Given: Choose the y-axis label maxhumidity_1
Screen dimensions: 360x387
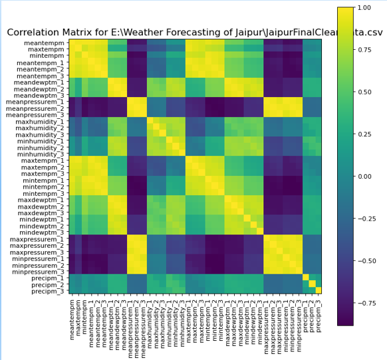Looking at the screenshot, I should pyautogui.click(x=43, y=122).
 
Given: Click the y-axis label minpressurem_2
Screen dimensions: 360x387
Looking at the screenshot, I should pyautogui.click(x=39, y=264).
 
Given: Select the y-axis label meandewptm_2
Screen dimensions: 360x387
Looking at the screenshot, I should pyautogui.click(x=41, y=89).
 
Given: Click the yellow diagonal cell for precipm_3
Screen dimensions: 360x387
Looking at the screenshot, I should pyautogui.click(x=318, y=290).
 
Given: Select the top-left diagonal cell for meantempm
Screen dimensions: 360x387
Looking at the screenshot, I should pyautogui.click(x=72, y=43).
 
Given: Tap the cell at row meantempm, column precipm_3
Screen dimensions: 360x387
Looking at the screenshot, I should pyautogui.click(x=318, y=43).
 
